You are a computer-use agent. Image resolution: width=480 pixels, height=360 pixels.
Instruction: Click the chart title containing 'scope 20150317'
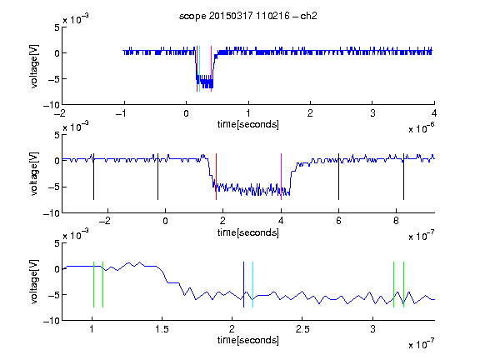[x=248, y=16]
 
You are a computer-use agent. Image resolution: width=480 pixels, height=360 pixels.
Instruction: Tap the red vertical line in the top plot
[x=197, y=68]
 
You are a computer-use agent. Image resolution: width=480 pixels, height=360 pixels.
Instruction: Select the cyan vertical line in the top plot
[x=200, y=68]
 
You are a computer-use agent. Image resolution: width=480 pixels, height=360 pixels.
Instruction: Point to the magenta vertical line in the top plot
[x=211, y=68]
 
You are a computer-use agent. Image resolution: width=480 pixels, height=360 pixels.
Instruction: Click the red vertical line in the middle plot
[x=216, y=177]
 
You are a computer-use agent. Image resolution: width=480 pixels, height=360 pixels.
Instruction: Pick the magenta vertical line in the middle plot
[x=282, y=177]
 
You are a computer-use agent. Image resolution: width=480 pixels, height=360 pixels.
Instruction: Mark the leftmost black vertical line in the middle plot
[x=93, y=177]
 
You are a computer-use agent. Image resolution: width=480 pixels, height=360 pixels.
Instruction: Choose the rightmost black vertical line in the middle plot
[x=403, y=177]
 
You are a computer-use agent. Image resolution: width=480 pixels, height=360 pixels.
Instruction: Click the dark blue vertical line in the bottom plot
[x=243, y=284]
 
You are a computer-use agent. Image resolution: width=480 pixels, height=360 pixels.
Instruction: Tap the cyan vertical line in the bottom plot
[x=252, y=284]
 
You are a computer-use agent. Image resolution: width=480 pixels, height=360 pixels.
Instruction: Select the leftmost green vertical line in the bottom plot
[x=93, y=284]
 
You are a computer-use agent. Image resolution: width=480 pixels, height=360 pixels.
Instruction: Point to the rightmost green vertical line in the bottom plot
[x=404, y=284]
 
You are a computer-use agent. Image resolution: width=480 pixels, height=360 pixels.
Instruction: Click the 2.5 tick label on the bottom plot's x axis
[x=302, y=329]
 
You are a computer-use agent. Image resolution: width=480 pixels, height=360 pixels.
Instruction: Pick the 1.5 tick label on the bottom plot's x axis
[x=162, y=329]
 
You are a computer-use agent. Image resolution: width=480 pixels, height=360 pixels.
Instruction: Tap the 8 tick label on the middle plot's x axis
[x=396, y=221]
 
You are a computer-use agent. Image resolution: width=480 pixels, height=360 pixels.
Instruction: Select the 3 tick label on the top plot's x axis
[x=372, y=113]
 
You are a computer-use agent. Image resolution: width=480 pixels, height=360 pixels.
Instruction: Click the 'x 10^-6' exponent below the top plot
[x=421, y=128]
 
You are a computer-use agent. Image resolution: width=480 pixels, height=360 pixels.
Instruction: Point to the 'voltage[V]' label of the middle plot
[x=34, y=174]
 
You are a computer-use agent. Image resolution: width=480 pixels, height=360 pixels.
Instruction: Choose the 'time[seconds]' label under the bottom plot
[x=248, y=340]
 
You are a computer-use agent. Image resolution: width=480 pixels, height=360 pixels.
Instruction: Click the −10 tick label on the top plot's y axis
[x=52, y=105]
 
